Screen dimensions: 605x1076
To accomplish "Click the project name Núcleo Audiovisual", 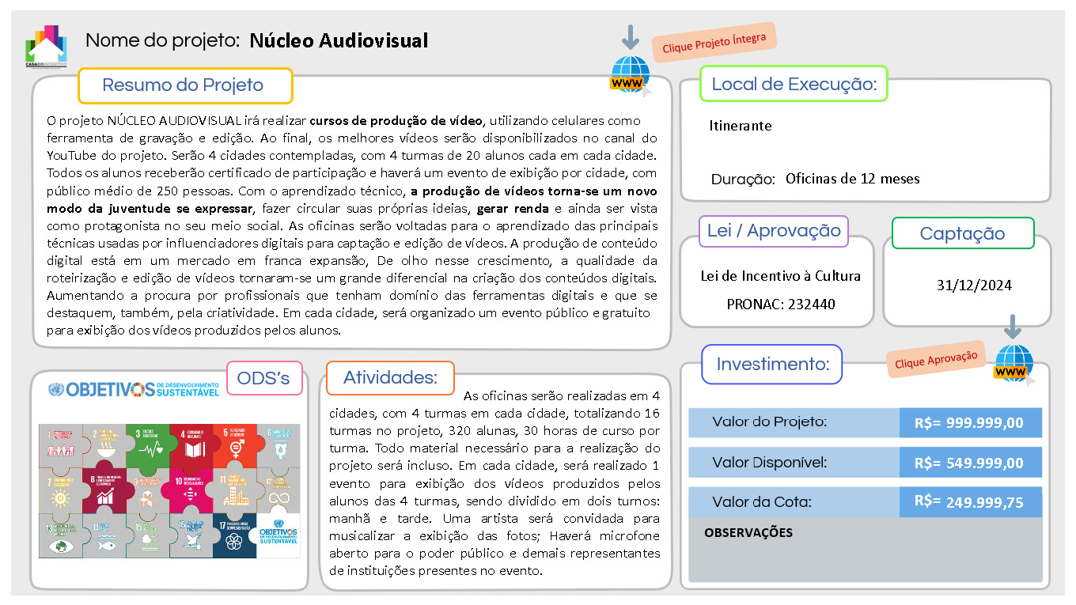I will (339, 40).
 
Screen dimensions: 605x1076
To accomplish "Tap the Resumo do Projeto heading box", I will (184, 85).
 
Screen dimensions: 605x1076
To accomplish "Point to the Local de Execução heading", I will (794, 84).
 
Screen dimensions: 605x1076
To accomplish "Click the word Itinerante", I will (740, 126).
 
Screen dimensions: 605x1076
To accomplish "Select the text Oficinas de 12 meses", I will (852, 179).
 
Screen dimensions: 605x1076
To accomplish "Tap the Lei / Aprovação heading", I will (773, 231).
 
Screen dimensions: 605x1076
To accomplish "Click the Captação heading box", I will (962, 233).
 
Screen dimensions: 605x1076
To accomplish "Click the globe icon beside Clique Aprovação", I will (1014, 364).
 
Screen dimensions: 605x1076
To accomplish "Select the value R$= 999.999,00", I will (969, 423).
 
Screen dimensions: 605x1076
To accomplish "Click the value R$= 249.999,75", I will (969, 502).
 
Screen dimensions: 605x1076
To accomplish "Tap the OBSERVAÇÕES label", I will (748, 533).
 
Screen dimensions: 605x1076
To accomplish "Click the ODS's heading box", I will (263, 378).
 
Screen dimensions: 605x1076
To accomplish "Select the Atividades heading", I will (390, 378).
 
